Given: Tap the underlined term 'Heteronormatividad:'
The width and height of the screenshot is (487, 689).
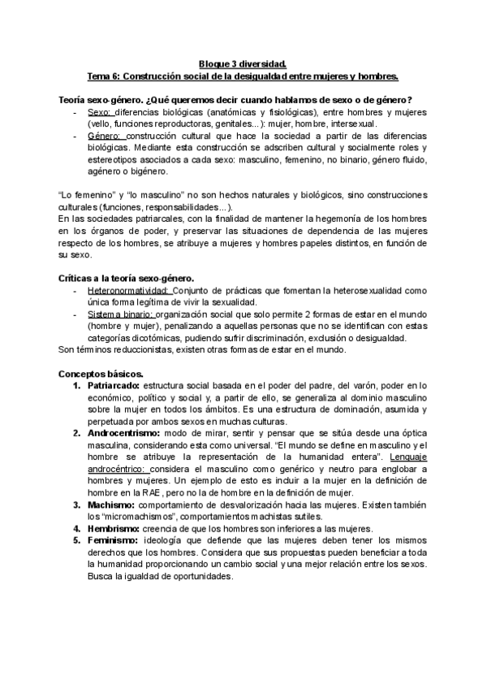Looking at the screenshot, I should [127, 290].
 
